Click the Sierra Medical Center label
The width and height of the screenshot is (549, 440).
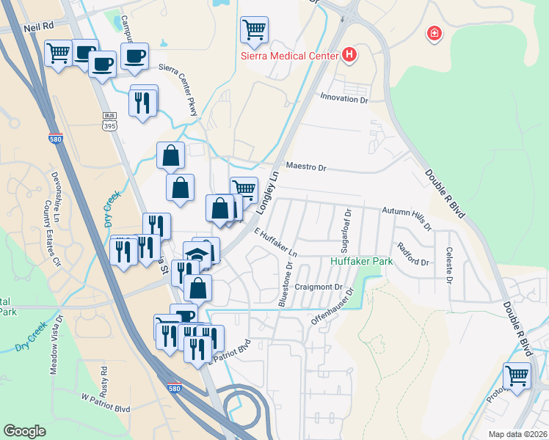(x=290, y=55)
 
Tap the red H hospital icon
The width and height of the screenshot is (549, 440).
(x=349, y=54)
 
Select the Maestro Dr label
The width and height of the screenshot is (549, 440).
(x=305, y=167)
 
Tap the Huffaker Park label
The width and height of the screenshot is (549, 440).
(x=361, y=261)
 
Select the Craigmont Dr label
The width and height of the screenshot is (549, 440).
(x=319, y=287)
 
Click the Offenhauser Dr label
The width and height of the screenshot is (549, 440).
(x=332, y=307)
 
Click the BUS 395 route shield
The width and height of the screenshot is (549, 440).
(x=110, y=122)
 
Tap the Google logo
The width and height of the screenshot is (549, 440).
(x=25, y=431)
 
